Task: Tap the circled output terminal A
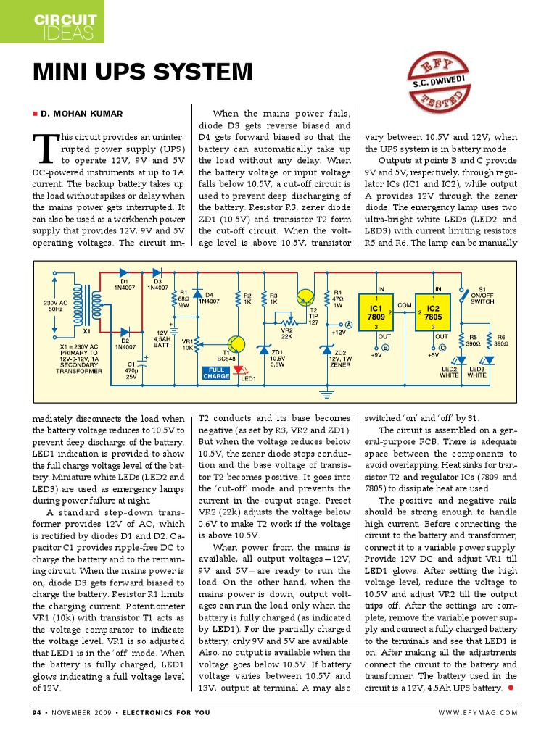[349, 325]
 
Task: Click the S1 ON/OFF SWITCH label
[482, 296]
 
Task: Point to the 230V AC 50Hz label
[55, 305]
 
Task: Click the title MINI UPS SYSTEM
[143, 72]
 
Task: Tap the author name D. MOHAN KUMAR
[81, 114]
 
